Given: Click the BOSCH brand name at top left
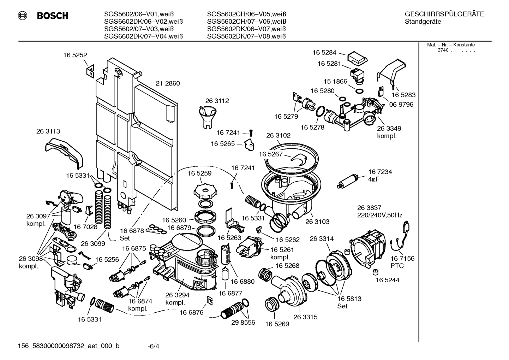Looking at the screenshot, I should click(53, 16).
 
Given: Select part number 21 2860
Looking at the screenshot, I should click(168, 84).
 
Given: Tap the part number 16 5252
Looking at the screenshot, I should click(75, 55).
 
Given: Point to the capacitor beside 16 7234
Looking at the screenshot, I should click(349, 180).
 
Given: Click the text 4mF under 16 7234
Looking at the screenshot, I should click(375, 179).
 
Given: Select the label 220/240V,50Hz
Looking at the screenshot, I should click(380, 215).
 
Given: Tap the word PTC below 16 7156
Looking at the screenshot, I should click(397, 266).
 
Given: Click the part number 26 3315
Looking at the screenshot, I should click(305, 317).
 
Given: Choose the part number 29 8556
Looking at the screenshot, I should click(243, 323).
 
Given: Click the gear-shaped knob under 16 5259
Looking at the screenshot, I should click(204, 191).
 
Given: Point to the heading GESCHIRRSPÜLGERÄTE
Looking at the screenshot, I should click(444, 14).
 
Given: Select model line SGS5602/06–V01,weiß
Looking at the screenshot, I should click(143, 14).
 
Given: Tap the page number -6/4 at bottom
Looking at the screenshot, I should click(153, 346).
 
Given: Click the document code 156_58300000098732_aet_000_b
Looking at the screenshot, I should click(68, 346).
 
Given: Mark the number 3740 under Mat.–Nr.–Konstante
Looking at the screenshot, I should click(443, 50).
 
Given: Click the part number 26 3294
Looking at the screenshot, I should click(178, 295).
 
